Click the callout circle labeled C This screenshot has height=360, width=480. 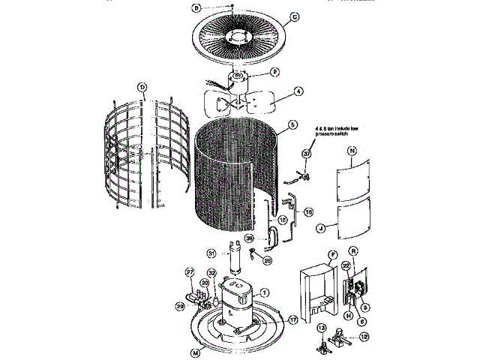(x=294, y=17)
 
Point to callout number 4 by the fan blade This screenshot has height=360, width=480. (x=298, y=92)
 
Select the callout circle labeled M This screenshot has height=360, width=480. (x=175, y=352)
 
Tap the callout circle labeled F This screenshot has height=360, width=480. (x=331, y=255)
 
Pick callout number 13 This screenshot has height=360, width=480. (x=320, y=328)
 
